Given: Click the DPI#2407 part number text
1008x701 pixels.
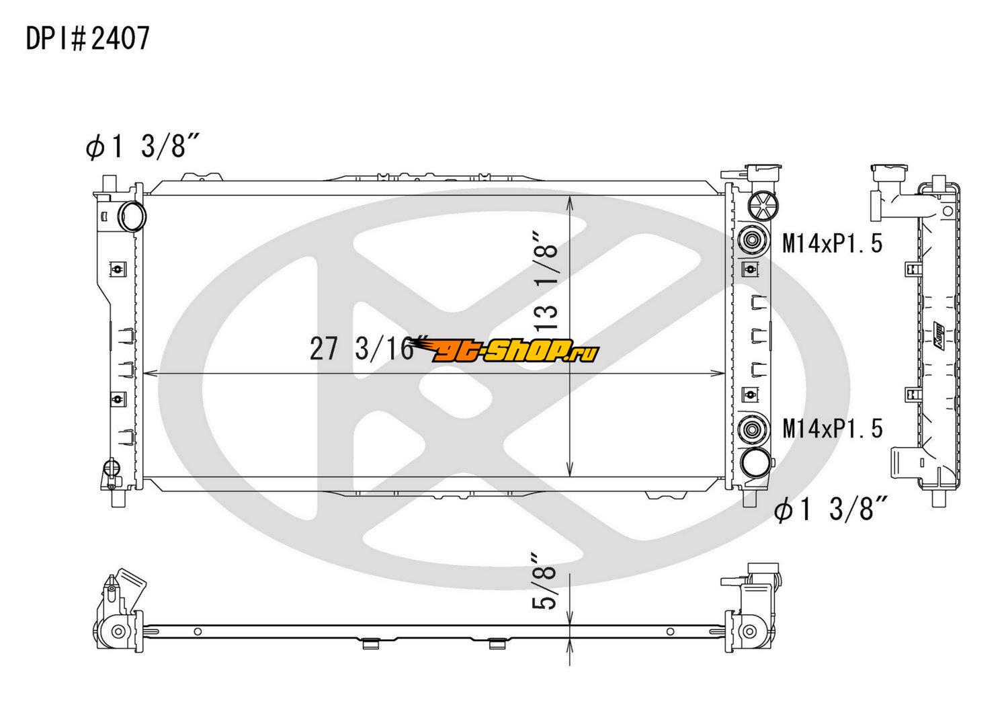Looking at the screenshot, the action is (x=88, y=39).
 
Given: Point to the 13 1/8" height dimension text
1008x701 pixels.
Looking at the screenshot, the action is (x=546, y=283).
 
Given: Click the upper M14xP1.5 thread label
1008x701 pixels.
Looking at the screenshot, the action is (x=833, y=243).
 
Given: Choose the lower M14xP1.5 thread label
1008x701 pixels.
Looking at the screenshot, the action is (x=833, y=428).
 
